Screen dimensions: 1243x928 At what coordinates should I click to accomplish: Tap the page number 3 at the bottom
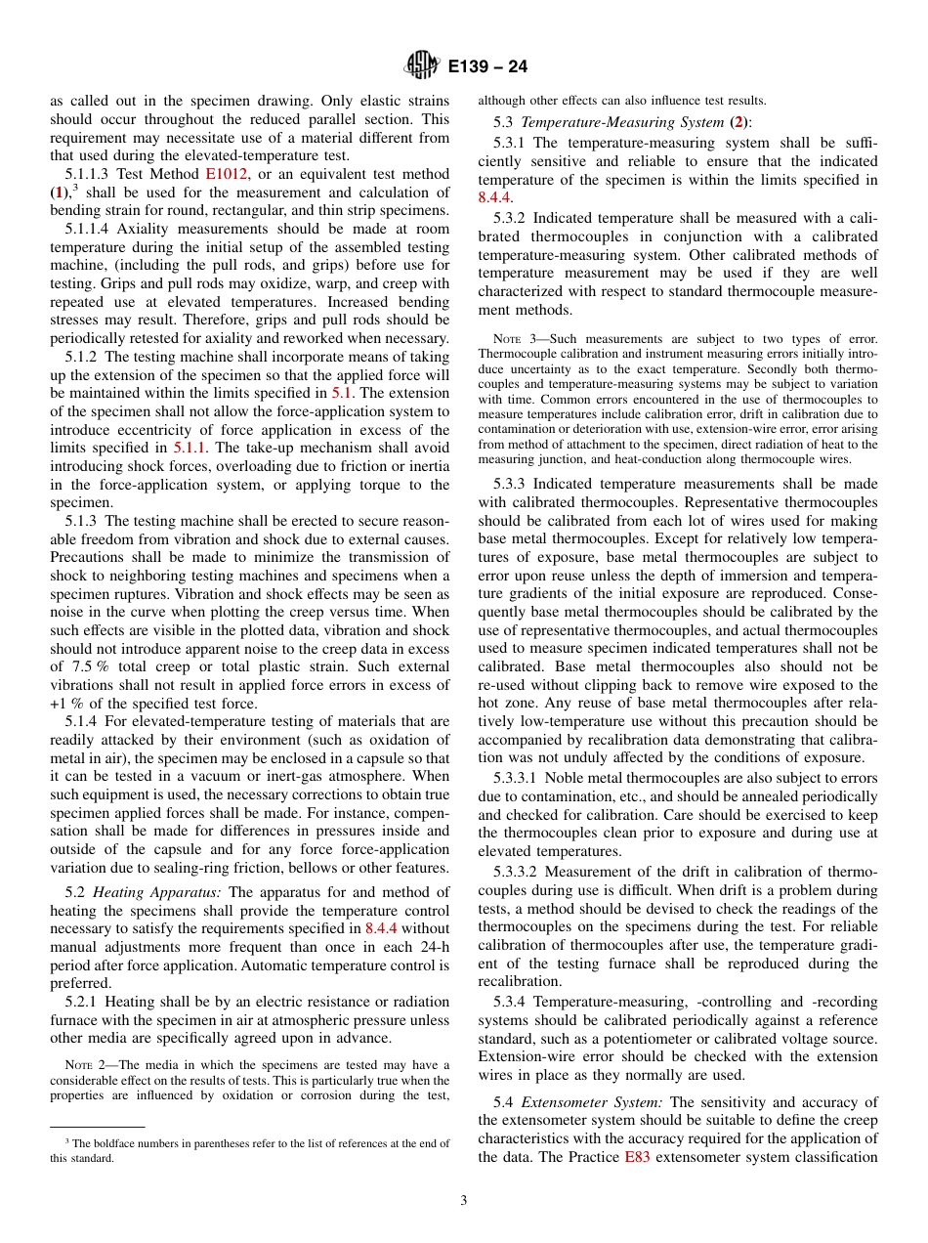pyautogui.click(x=464, y=1201)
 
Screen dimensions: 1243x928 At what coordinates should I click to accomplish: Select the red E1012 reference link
pyautogui.click(x=227, y=174)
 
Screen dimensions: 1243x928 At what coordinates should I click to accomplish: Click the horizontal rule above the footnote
pyautogui.click(x=98, y=1127)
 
